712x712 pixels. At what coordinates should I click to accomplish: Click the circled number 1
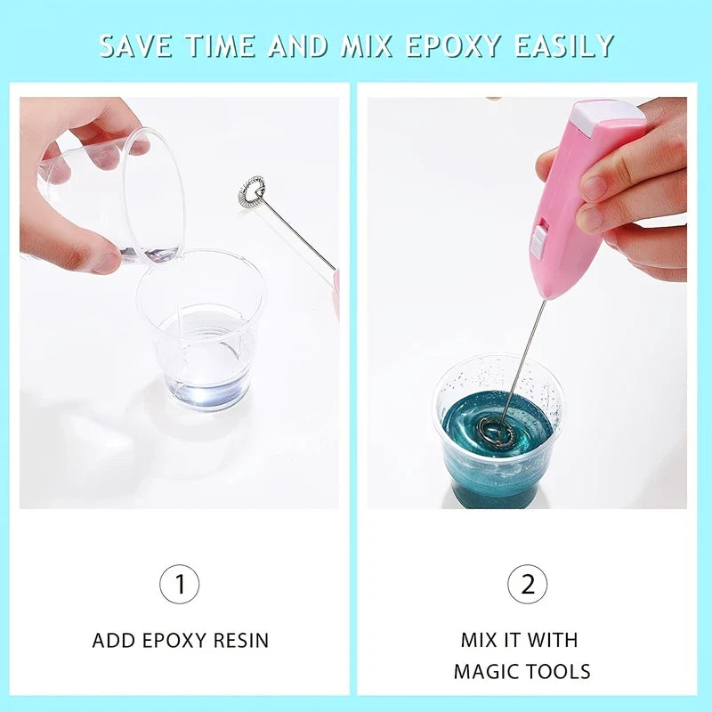180,585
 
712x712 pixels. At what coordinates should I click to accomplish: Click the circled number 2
527,585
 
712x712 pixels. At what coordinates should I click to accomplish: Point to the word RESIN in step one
238,640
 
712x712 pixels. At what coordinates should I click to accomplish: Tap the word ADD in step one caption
114,640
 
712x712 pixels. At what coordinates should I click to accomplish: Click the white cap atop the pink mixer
610,114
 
